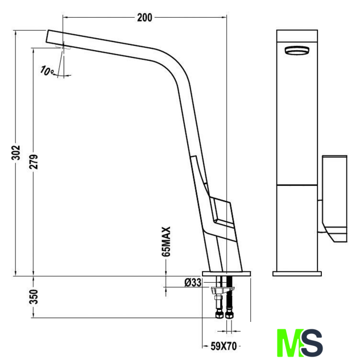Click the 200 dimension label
click(x=144, y=18)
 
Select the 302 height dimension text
click(x=16, y=153)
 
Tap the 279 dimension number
click(x=34, y=162)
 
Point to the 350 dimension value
click(x=34, y=296)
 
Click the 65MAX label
click(x=166, y=241)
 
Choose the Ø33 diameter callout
click(x=193, y=283)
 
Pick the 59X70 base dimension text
click(x=224, y=346)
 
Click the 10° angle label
click(x=47, y=71)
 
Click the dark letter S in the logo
click(x=312, y=342)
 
